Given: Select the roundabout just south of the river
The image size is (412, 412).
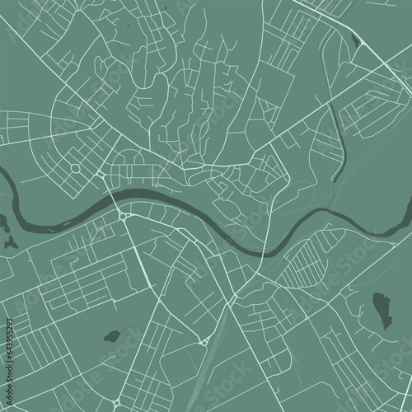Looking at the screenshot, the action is [x=123, y=217].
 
